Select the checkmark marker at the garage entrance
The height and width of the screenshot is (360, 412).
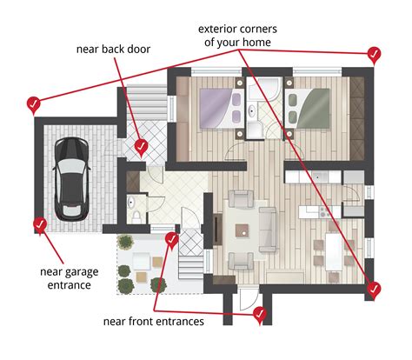39,225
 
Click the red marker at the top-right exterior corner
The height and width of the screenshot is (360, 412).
374,56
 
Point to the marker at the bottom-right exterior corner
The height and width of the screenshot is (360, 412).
374,290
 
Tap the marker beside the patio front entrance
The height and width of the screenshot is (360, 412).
171,237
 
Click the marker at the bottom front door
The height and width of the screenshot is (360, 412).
259,313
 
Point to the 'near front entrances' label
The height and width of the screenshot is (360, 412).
153,323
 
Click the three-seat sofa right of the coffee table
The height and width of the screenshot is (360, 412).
267,228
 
